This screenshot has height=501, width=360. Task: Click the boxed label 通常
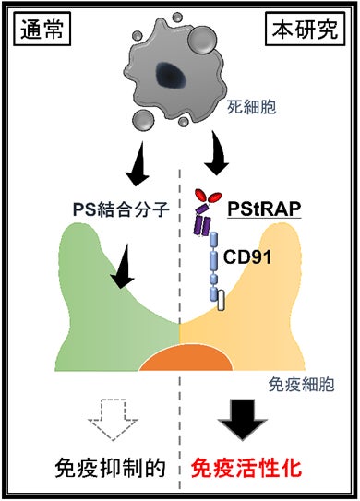pyautogui.click(x=42, y=29)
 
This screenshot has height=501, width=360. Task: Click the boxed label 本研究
pyautogui.click(x=305, y=29)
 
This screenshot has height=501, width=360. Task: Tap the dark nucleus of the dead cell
pyautogui.click(x=171, y=76)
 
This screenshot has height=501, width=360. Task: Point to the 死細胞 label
pyautogui.click(x=252, y=107)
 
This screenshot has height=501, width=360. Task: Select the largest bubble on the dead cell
pyautogui.click(x=202, y=40)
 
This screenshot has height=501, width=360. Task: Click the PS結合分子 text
pyautogui.click(x=121, y=210)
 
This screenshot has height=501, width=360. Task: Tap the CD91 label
pyautogui.click(x=247, y=256)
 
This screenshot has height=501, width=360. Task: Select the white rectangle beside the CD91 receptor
pyautogui.click(x=221, y=300)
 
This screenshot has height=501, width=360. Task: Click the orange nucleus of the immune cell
pyautogui.click(x=186, y=358)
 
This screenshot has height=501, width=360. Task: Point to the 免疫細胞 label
pyautogui.click(x=301, y=384)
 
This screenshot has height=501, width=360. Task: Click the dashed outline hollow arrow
pyautogui.click(x=113, y=419)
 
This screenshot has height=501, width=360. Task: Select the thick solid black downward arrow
pyautogui.click(x=243, y=420)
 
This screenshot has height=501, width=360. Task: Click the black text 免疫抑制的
pyautogui.click(x=110, y=469)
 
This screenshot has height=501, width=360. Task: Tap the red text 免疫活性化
pyautogui.click(x=246, y=469)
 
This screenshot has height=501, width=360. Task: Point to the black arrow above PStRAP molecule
pyautogui.click(x=218, y=152)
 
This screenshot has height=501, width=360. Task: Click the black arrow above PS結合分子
pyautogui.click(x=138, y=164)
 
